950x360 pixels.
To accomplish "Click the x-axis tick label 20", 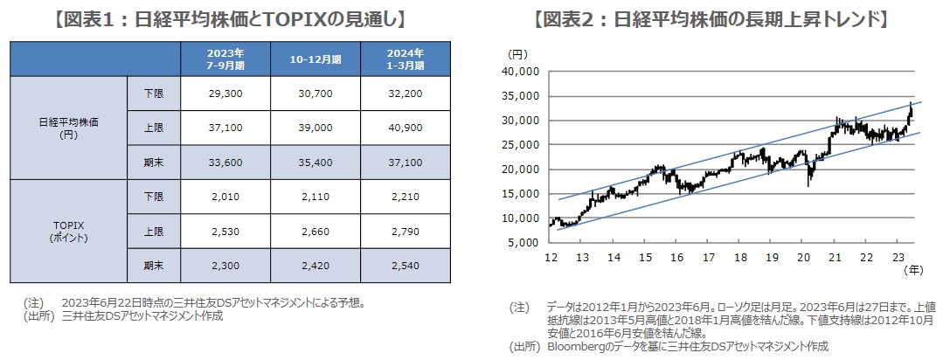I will point(803,258).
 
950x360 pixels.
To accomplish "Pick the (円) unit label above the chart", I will point(517,54).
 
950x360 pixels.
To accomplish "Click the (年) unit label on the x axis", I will point(911,272).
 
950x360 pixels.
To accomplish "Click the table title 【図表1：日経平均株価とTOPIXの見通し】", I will point(231,17).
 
